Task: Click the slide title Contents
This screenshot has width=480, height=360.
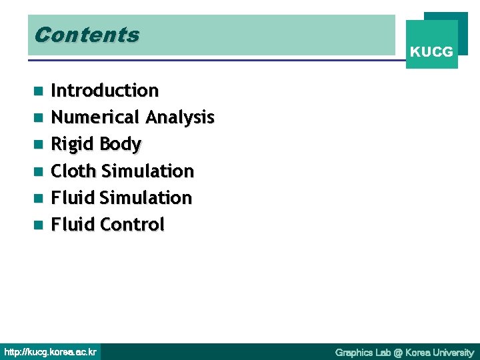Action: pyautogui.click(x=87, y=35)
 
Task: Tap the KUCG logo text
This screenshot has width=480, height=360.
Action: pyautogui.click(x=431, y=51)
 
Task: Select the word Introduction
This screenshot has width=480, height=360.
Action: pyautogui.click(x=105, y=91)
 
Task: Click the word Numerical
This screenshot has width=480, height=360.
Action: pyautogui.click(x=95, y=117)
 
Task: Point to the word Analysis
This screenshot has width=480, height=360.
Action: pyautogui.click(x=180, y=118)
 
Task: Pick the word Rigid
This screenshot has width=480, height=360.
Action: pyautogui.click(x=73, y=144)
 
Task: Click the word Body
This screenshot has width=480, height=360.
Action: pyautogui.click(x=120, y=145)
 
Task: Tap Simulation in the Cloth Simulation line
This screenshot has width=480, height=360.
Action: pyautogui.click(x=147, y=171)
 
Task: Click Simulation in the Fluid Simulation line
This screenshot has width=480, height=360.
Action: pyautogui.click(x=145, y=198)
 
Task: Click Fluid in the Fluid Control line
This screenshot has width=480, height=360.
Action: pyautogui.click(x=73, y=225)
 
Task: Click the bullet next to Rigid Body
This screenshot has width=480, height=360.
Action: pyautogui.click(x=39, y=145)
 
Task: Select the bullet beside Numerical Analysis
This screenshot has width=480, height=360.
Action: pyautogui.click(x=39, y=118)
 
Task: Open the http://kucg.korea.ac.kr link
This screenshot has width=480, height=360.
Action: pyautogui.click(x=51, y=351)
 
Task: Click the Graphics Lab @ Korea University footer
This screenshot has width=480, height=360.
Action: pyautogui.click(x=404, y=352)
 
